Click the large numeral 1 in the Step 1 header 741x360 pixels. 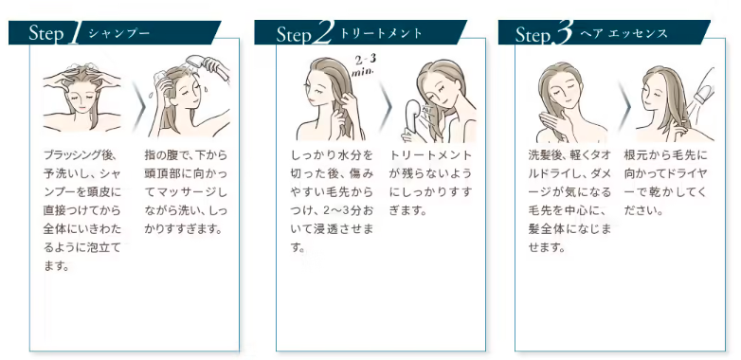click(74, 33)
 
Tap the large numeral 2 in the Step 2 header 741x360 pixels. click(323, 33)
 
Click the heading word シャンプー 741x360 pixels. click(119, 33)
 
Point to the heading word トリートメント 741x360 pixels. click(381, 33)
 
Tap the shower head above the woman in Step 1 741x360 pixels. click(208, 67)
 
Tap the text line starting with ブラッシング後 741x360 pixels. click(80, 155)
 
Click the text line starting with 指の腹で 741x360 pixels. click(186, 155)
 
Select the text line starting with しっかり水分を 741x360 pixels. click(333, 155)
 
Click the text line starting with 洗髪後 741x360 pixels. click(569, 155)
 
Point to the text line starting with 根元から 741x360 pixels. click(665, 155)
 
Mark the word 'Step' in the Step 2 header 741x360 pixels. click(294, 34)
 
